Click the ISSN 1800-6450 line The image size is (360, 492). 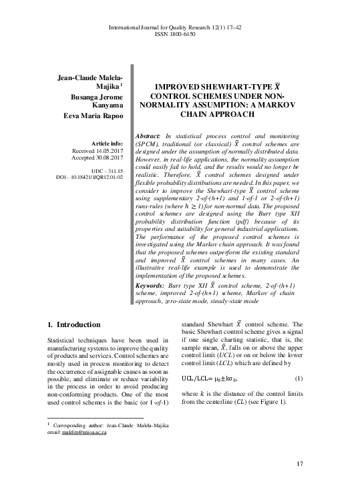tap(179, 33)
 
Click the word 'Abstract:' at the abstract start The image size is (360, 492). tap(151, 136)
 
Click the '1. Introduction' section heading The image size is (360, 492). tap(74, 325)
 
